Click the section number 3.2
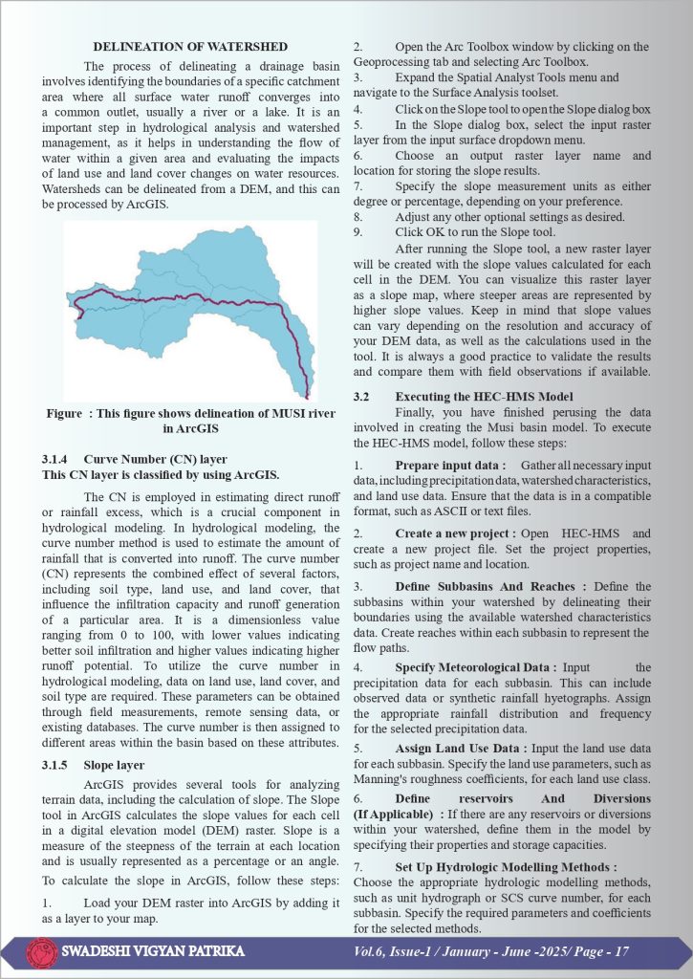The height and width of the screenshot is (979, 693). coord(361,396)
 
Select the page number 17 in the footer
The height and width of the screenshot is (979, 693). coord(620,952)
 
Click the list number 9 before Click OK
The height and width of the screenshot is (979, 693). coord(357,231)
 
